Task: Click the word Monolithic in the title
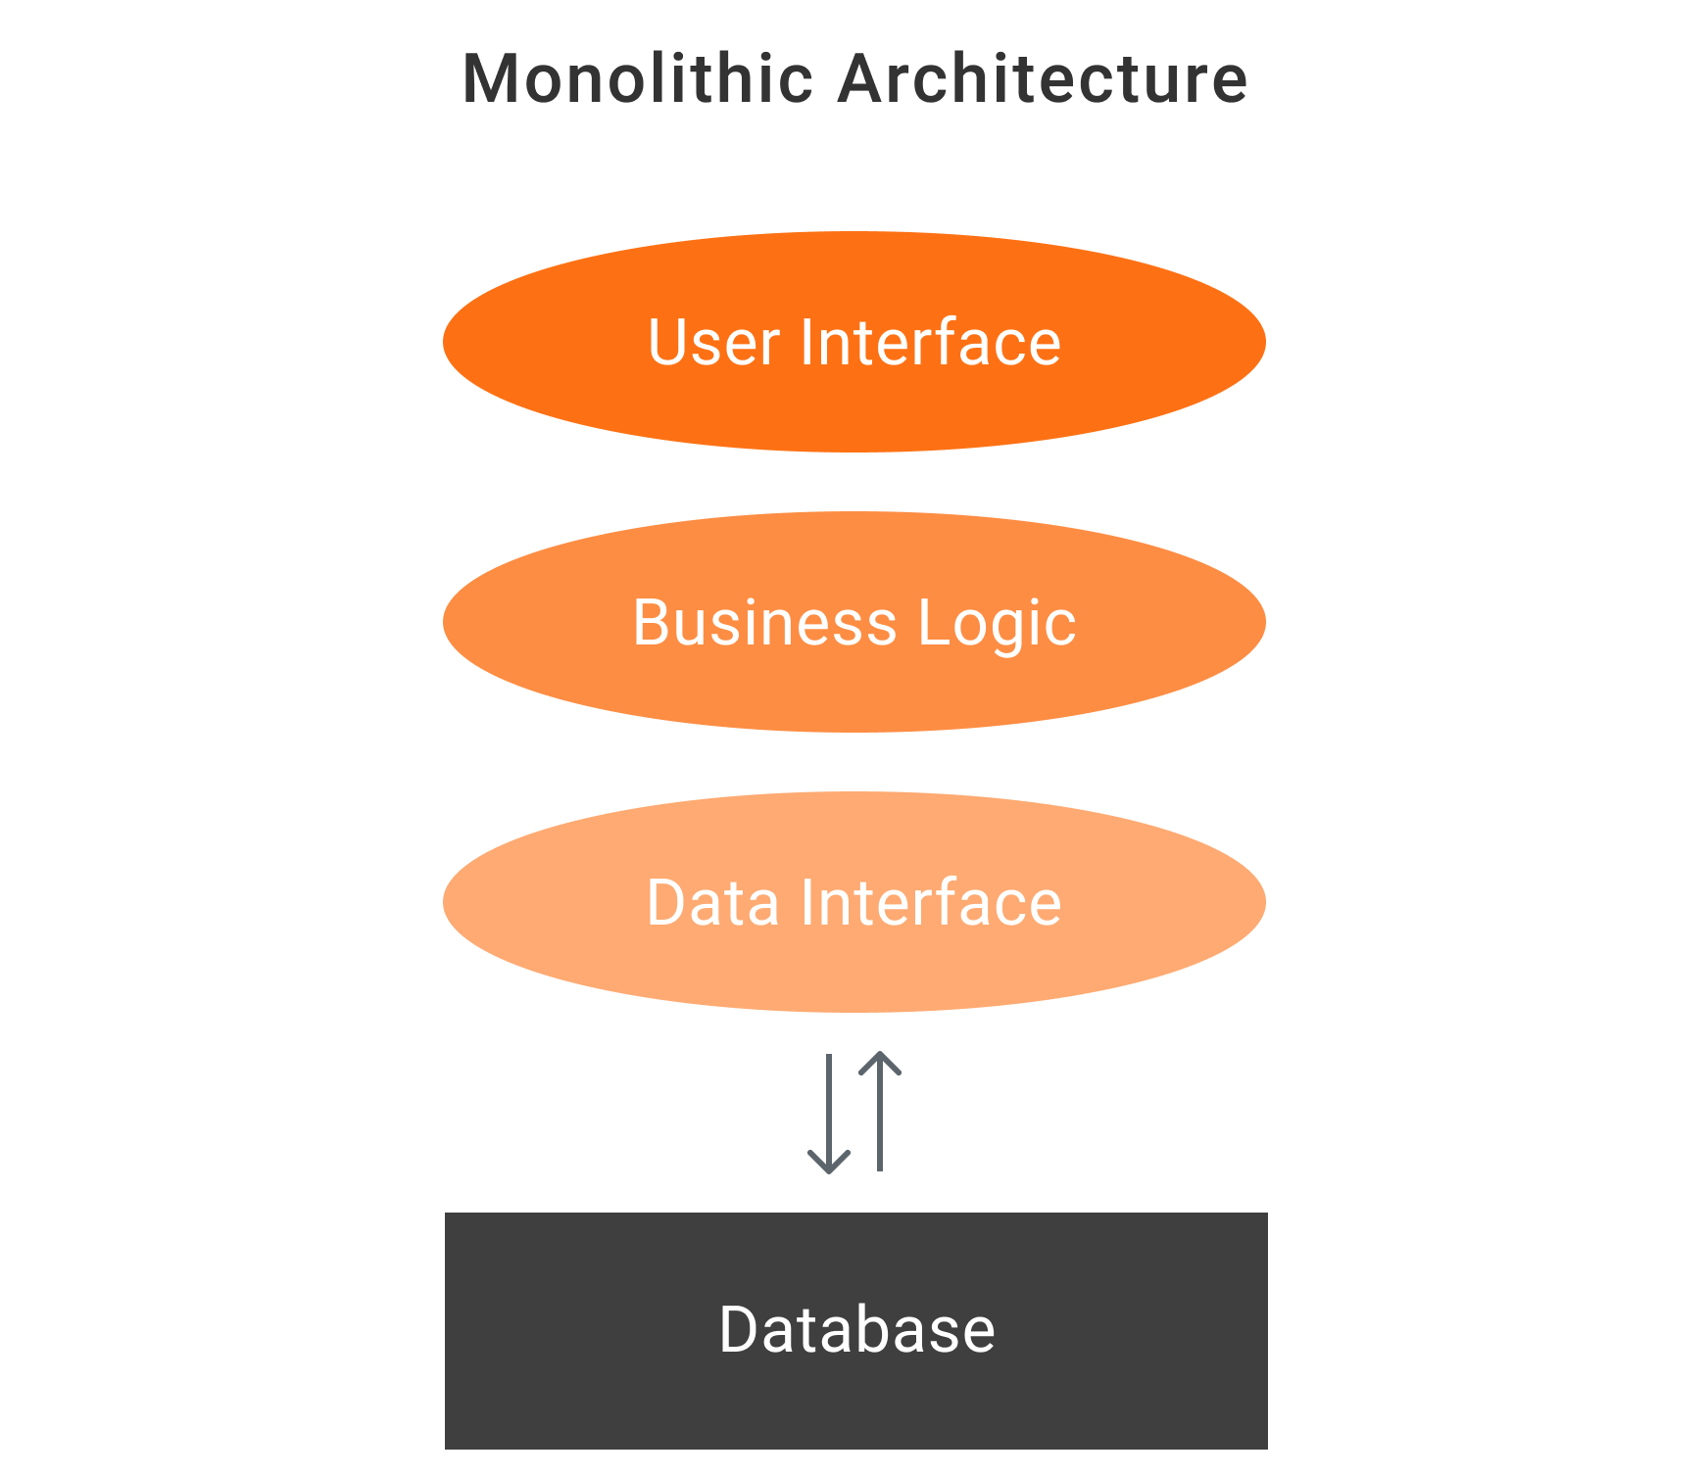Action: [637, 78]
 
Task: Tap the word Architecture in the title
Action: [1043, 78]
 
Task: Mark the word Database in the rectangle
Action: [856, 1330]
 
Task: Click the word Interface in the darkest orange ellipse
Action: [930, 343]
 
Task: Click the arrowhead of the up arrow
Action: [880, 1062]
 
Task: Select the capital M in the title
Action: [492, 78]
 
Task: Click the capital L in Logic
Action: [933, 623]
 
